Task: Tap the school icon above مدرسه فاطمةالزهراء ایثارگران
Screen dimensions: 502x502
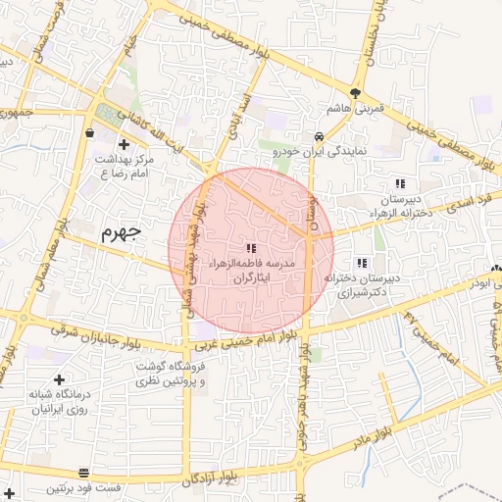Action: [251, 248]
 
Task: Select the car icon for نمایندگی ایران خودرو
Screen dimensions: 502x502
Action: [320, 136]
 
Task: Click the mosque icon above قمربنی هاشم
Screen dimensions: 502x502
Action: [352, 91]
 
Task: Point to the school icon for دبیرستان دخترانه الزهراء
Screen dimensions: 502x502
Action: [399, 183]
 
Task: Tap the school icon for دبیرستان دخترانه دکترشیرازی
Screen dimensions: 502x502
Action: [363, 262]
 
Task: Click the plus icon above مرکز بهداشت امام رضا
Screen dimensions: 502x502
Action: [123, 143]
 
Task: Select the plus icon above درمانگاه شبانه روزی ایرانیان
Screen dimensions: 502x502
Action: [60, 378]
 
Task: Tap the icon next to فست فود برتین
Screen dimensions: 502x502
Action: [84, 473]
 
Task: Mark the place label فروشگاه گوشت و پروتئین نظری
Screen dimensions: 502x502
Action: [173, 373]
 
